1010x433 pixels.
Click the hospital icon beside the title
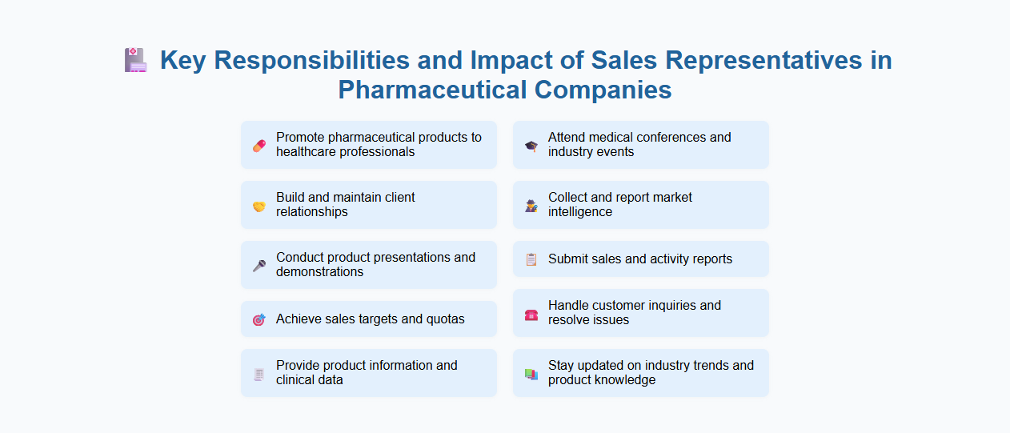coord(136,60)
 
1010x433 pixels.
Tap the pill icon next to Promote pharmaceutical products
coord(259,145)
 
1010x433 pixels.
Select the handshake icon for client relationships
coord(259,206)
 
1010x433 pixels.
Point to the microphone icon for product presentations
coord(259,265)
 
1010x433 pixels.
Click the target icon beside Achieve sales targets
coord(259,319)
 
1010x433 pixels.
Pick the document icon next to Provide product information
coord(259,374)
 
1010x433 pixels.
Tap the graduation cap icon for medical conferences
coord(531,146)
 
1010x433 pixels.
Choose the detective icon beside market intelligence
coord(531,206)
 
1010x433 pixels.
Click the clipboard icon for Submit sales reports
coord(531,259)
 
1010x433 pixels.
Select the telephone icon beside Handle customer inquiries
coord(531,314)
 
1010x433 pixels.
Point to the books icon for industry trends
coord(531,374)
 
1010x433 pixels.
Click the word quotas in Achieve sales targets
coord(444,319)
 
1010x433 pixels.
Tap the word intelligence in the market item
coord(580,212)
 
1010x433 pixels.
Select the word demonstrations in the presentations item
coord(319,272)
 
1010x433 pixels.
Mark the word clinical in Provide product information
coord(297,380)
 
